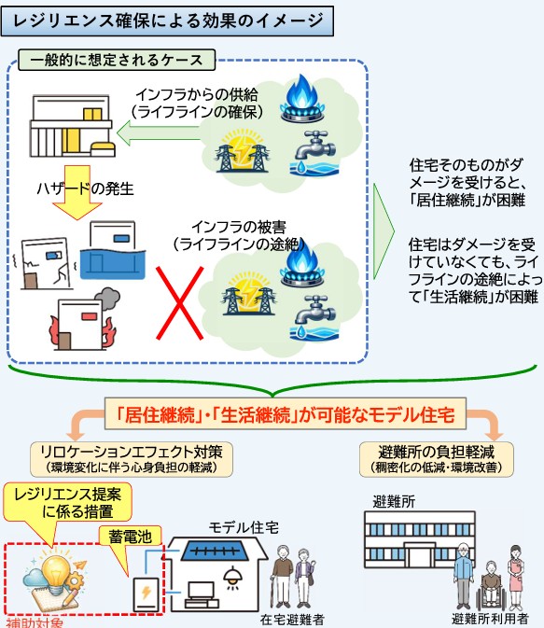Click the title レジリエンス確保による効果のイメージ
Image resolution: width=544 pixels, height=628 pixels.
point(167,21)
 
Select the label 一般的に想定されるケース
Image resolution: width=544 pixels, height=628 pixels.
point(117,60)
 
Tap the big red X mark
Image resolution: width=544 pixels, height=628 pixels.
point(179,303)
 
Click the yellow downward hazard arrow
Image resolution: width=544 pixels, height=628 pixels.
point(77,192)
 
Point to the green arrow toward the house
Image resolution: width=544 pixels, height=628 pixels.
point(158,133)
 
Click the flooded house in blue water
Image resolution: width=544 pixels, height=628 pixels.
point(113,250)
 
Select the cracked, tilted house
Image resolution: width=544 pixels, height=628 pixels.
point(45,263)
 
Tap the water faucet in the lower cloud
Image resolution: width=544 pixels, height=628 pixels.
point(314,318)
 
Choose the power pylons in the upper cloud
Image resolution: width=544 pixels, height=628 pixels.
point(242,150)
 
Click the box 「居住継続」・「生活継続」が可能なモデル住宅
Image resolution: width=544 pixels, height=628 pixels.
point(286,413)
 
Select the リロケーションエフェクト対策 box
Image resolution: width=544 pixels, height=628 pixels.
point(132,459)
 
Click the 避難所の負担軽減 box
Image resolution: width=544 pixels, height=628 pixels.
point(437,459)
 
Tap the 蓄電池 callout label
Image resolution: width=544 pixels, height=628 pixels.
point(131,537)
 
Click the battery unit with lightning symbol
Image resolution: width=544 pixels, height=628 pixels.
point(146,594)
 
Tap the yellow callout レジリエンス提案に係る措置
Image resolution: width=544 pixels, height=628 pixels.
point(67,503)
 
